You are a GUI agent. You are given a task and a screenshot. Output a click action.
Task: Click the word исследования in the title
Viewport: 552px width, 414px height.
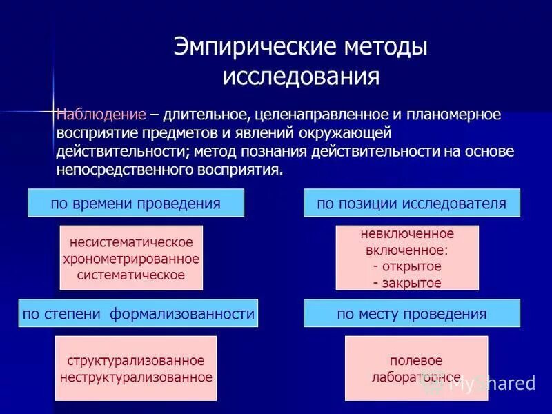pyautogui.click(x=301, y=76)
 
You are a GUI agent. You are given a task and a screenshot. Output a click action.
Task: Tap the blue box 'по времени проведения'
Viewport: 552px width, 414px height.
pyautogui.click(x=136, y=203)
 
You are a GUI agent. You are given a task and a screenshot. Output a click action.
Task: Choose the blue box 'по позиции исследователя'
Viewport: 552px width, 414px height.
pyautogui.click(x=412, y=203)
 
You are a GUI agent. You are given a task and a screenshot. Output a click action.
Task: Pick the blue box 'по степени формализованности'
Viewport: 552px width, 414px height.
pyautogui.click(x=138, y=313)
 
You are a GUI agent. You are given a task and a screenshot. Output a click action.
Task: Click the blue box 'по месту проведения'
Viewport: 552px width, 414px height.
pyautogui.click(x=412, y=313)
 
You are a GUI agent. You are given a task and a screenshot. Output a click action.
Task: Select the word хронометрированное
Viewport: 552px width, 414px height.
pyautogui.click(x=131, y=259)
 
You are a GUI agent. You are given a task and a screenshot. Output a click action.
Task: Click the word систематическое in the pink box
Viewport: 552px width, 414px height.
pyautogui.click(x=131, y=275)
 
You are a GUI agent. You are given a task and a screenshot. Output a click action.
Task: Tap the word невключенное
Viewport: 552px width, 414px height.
pyautogui.click(x=406, y=234)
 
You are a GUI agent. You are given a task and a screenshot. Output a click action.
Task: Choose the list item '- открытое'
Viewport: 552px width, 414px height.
pyautogui.click(x=406, y=266)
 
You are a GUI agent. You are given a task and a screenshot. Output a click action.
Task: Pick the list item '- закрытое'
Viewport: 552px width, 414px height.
pyautogui.click(x=406, y=282)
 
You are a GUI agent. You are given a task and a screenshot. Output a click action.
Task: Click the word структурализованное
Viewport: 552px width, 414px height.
pyautogui.click(x=136, y=361)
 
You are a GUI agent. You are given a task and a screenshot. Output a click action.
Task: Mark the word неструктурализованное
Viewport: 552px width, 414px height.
pyautogui.click(x=136, y=377)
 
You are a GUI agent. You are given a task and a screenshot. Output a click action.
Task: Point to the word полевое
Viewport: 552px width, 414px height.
pyautogui.click(x=415, y=361)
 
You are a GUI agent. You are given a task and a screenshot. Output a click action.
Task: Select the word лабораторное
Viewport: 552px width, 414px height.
pyautogui.click(x=415, y=377)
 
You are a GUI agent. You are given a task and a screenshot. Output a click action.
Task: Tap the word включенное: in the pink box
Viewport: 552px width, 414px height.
pyautogui.click(x=406, y=250)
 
